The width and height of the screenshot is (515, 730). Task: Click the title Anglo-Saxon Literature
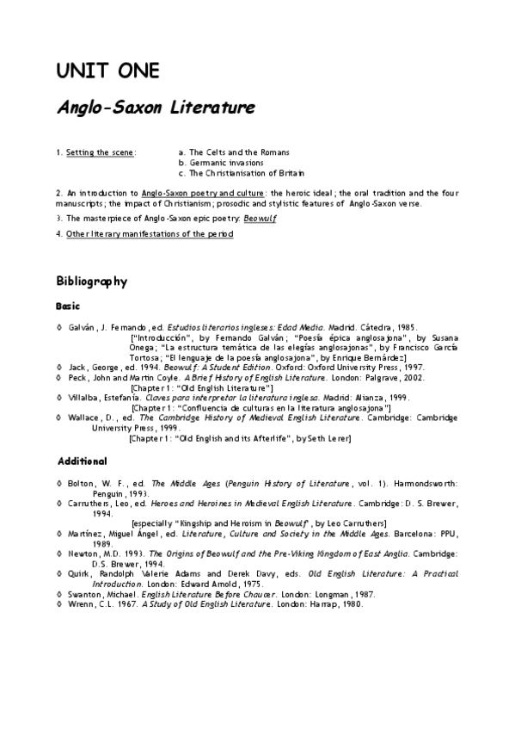click(155, 108)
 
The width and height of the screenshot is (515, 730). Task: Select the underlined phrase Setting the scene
click(100, 152)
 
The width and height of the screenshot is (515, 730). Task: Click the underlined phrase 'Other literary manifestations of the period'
click(150, 234)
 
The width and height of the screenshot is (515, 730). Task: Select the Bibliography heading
click(92, 281)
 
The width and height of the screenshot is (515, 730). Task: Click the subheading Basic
click(68, 306)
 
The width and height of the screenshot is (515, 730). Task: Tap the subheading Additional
click(82, 461)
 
